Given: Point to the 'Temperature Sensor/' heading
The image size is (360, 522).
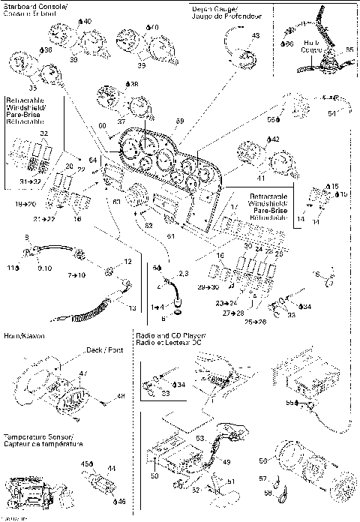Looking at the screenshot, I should click(x=37, y=436).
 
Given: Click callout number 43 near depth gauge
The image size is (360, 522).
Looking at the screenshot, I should click(x=256, y=35).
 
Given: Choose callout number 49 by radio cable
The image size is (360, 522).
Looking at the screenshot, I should click(x=226, y=462).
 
